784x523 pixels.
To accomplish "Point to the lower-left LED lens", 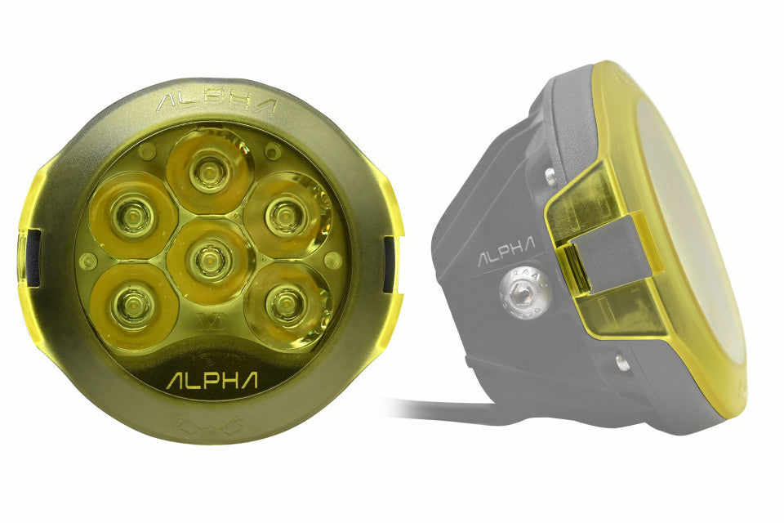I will pos(131,303).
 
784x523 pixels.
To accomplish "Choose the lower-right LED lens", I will pos(285,304).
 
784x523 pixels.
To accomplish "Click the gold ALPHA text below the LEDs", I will pos(212,381).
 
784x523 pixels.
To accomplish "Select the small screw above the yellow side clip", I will pos(550,175).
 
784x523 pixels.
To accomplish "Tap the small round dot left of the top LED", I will pos(147,152).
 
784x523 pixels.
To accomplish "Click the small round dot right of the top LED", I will pos(274,152).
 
